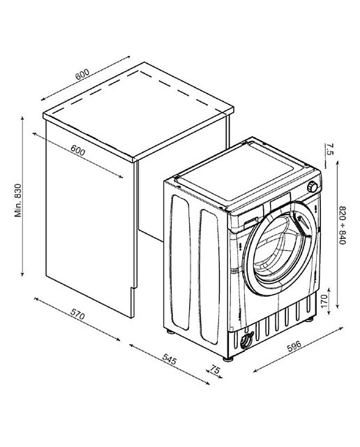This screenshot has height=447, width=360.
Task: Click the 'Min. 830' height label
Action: (x=18, y=200)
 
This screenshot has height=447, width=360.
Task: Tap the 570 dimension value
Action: (x=77, y=314)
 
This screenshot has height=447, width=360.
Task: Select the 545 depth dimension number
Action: (x=170, y=359)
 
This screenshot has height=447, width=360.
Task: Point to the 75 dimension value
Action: (x=216, y=370)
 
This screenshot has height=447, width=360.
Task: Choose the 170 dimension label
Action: (x=324, y=301)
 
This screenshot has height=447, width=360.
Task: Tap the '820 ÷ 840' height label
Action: (x=342, y=225)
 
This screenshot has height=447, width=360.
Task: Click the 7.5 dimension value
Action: (x=329, y=149)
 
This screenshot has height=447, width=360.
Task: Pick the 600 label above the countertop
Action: (x=82, y=75)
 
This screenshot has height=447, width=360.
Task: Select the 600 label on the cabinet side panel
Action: (x=77, y=150)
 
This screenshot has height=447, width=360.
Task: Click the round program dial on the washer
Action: (x=312, y=187)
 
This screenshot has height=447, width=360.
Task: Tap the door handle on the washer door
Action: (x=303, y=225)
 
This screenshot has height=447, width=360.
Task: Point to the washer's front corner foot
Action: (x=228, y=359)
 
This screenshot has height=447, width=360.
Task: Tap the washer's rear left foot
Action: (x=170, y=331)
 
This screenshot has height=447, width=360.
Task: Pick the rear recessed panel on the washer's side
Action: (x=180, y=262)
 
